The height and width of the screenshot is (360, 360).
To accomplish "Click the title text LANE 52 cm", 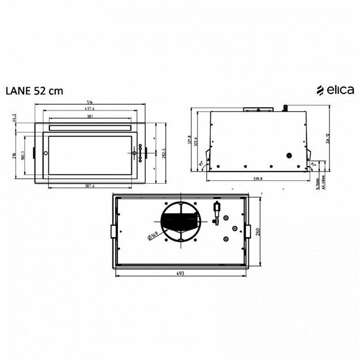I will coord(34,90).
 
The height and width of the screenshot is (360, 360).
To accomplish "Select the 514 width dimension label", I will coord(89,103).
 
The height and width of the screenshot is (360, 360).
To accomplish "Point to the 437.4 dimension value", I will coord(89,108).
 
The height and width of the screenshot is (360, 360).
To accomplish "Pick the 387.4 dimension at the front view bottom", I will coord(89,185).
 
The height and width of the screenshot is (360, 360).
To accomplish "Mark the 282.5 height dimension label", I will coord(164,153).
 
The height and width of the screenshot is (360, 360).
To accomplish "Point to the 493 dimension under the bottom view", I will coord(180,273).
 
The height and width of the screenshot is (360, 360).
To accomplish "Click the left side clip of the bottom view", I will coord(112,230).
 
